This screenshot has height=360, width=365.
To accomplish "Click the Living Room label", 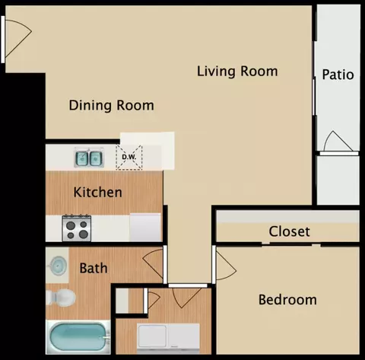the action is coord(237,72).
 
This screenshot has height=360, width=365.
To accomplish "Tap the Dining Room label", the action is coord(112,106).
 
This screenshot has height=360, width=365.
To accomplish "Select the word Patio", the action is coord(338,75).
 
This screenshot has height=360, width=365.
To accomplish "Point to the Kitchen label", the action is coord(97,192).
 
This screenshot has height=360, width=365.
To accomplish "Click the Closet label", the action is coord(289,231).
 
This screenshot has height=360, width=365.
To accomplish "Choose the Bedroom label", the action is coord(287,300).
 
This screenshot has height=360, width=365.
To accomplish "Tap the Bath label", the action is coord(94,268).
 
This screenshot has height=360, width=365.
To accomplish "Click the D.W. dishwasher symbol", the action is coord(129,158).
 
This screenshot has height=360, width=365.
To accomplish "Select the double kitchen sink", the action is coord(89,158).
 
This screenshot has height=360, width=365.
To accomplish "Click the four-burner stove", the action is coord(77,228).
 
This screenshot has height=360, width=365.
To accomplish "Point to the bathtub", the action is coord(78,337).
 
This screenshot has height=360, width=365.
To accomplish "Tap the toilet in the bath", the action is coord(61,298).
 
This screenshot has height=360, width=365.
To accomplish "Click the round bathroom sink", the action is coord(59,266).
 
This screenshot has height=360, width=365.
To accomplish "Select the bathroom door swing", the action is coord(152,264).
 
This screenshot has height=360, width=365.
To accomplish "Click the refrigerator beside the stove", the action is coord(145,228).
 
